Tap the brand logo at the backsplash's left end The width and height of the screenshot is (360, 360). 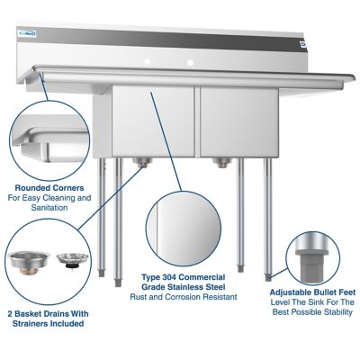coord(29,37)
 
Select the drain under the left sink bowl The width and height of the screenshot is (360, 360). coord(139,162)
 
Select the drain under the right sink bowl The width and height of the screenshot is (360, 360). coord(219,162)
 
